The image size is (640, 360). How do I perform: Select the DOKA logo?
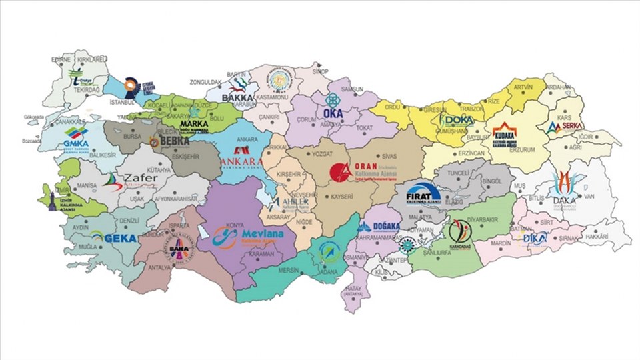tap(457, 120)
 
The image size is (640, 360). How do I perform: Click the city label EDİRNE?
tap(61, 59)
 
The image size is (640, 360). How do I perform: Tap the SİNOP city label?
tap(321, 70)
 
